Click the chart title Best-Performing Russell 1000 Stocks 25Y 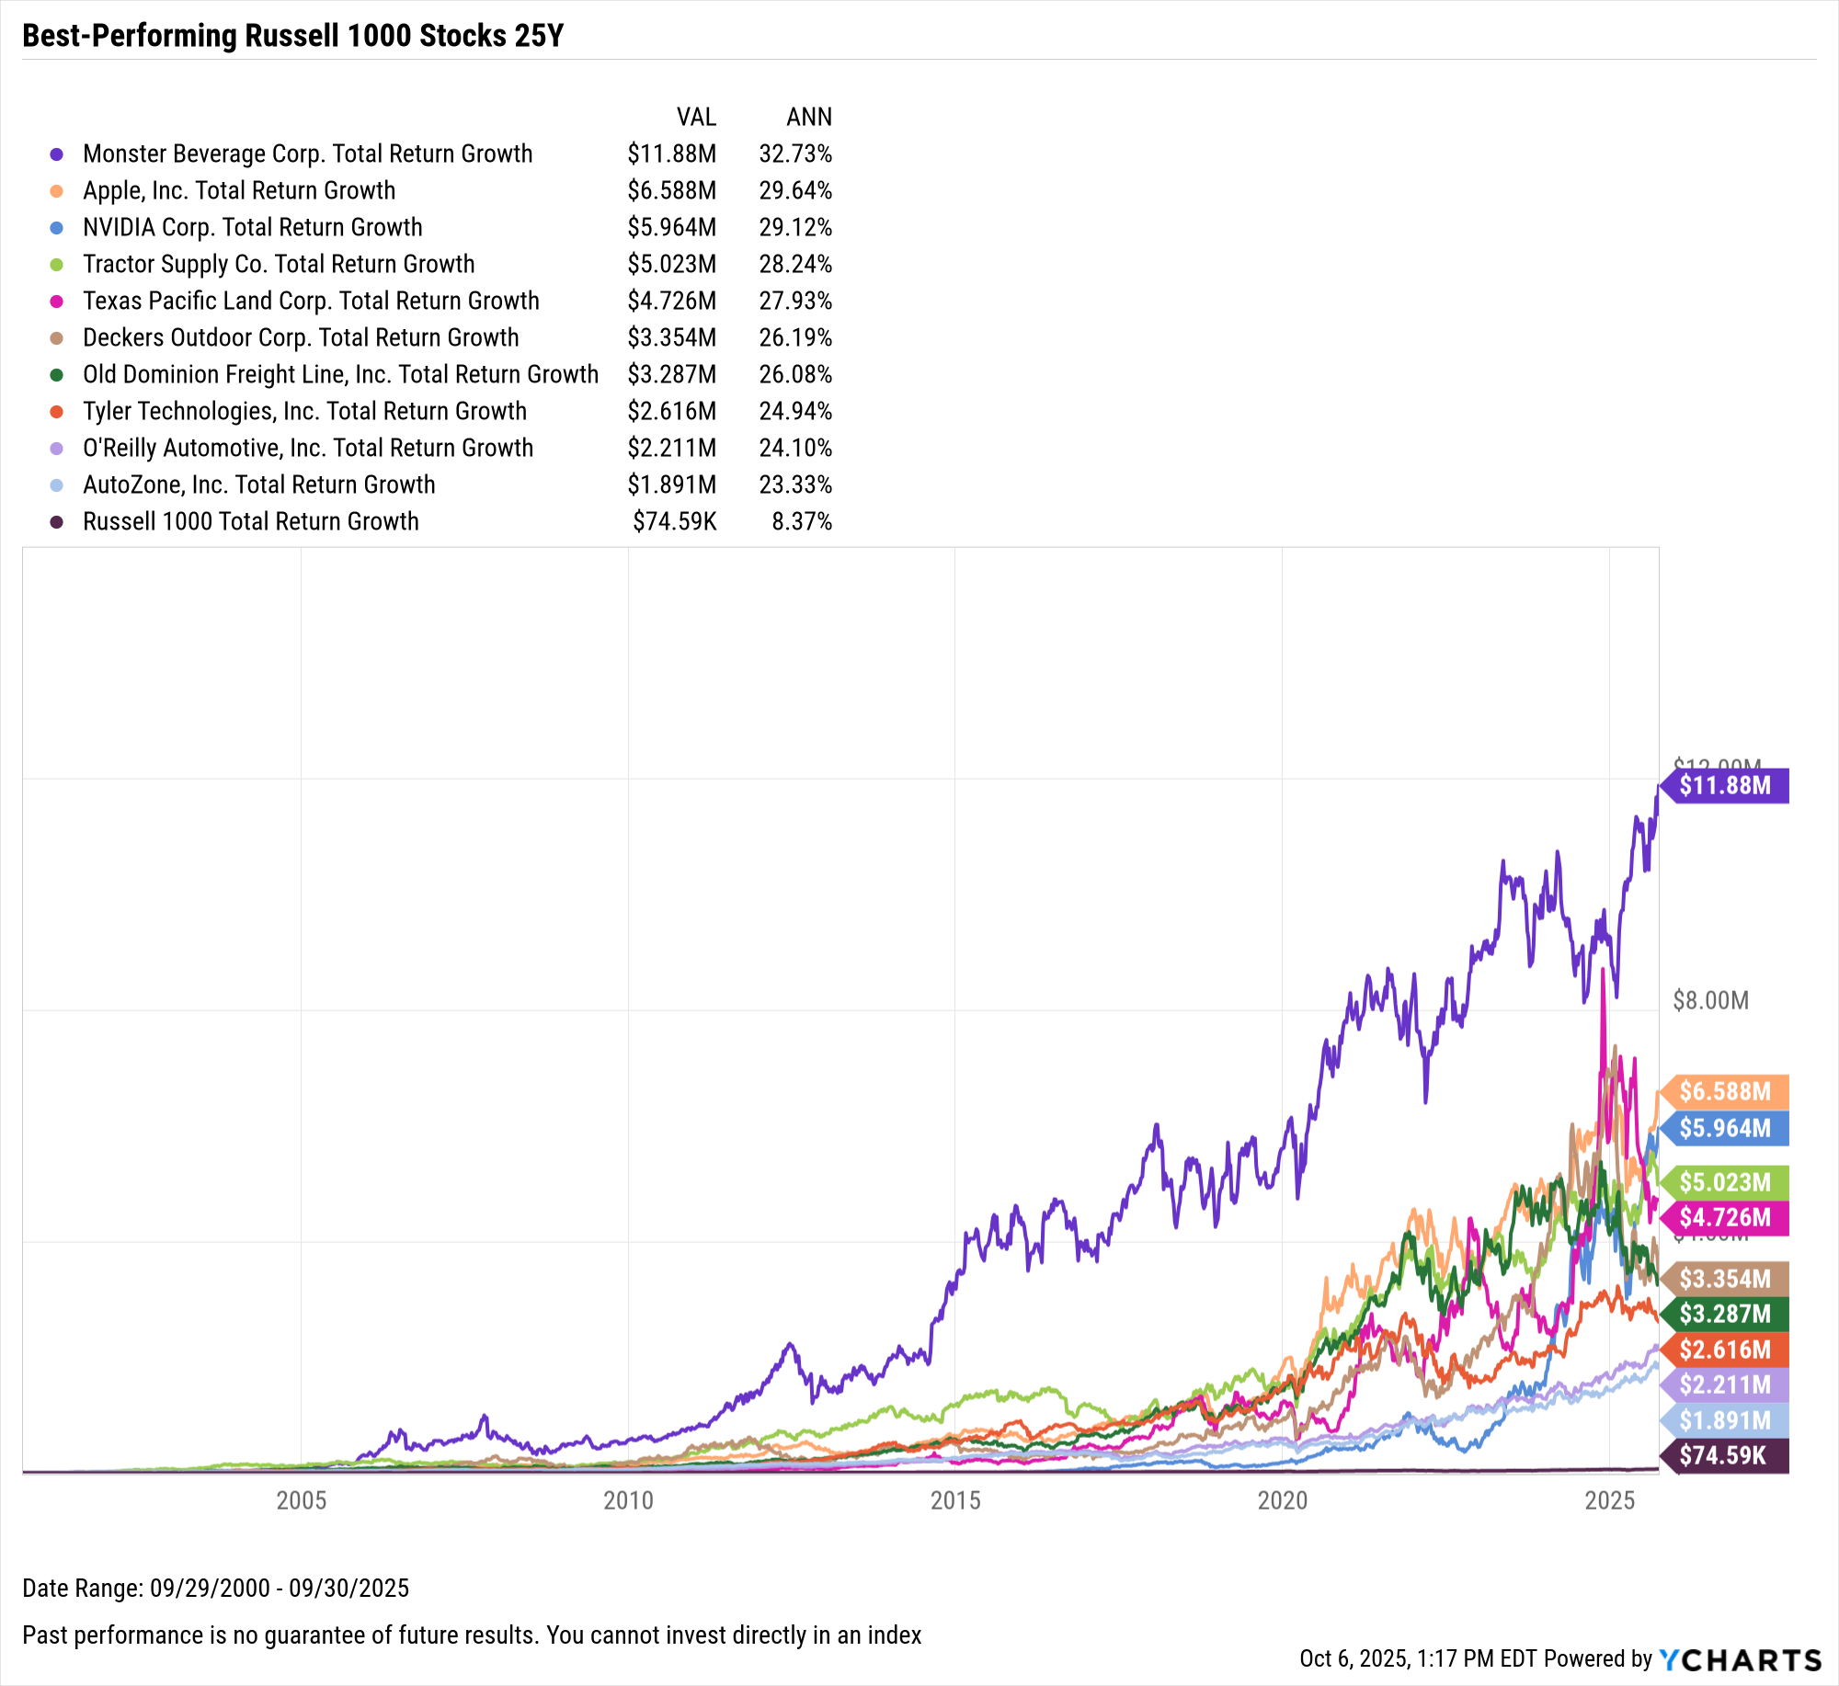292,36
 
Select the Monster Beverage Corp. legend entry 307,154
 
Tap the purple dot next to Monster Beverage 57,154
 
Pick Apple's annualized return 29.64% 794,190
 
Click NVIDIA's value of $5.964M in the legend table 671,227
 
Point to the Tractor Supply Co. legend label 279,264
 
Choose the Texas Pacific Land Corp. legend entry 311,301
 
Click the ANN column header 808,117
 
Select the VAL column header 696,117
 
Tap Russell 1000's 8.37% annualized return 801,521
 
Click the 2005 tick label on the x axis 302,1500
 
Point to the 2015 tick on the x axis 955,1500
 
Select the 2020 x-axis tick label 1282,1500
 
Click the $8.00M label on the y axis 1710,1000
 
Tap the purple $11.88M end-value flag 1725,785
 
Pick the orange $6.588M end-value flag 1725,1091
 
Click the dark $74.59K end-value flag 1725,1455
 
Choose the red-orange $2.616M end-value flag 1725,1350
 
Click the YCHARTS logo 1740,1659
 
